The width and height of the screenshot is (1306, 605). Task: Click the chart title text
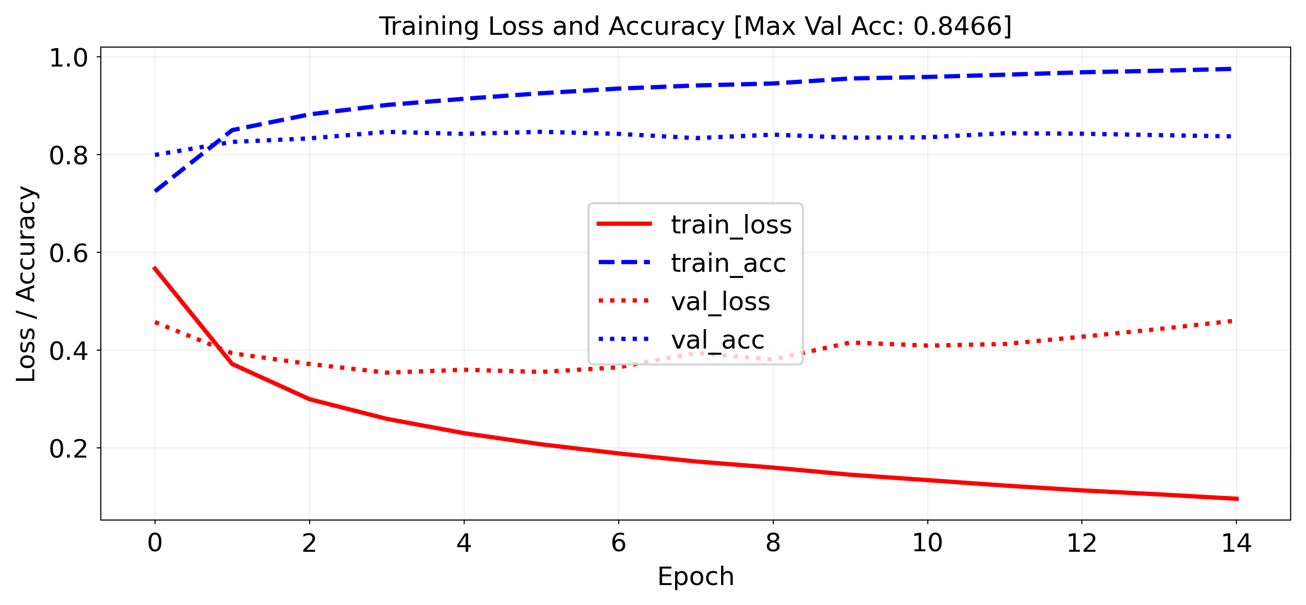pos(695,26)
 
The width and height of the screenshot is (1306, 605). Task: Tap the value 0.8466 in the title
pos(957,26)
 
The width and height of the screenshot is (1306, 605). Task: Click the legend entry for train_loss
pos(731,225)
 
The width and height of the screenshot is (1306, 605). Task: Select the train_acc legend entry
pos(728,263)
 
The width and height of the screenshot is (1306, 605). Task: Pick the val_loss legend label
pos(720,301)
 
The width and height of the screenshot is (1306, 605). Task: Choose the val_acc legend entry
pos(717,340)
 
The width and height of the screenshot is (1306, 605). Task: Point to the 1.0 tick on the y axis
pos(69,58)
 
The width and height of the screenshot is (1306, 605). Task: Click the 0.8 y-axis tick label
pos(69,156)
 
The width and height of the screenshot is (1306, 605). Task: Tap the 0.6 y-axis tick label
pos(69,253)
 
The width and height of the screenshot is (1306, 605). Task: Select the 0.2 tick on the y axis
pos(69,449)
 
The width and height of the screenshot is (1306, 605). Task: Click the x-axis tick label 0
pos(155,543)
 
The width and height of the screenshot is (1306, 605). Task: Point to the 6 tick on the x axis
pos(618,543)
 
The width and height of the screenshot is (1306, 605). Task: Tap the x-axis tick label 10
pos(927,543)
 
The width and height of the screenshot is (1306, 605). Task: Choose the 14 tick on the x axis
pos(1236,543)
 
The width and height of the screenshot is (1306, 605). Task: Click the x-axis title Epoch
pos(695,577)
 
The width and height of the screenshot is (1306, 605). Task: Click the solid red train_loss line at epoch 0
pos(155,268)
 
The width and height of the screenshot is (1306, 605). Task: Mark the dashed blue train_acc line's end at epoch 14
pos(1229,69)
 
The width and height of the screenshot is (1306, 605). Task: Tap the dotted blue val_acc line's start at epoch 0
pos(156,155)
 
